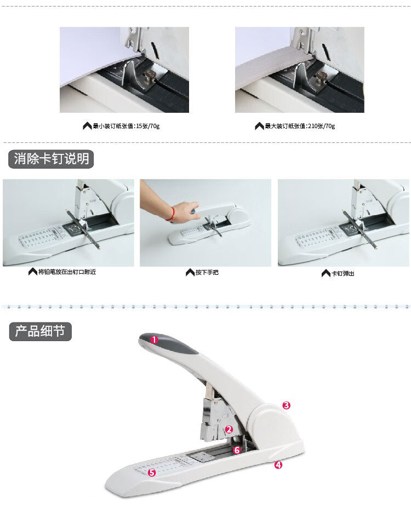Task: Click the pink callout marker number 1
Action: [155, 339]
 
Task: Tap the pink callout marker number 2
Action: [229, 429]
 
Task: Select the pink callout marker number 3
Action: [287, 405]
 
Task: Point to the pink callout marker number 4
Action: [278, 465]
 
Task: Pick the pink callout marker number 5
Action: [152, 473]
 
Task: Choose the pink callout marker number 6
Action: [237, 450]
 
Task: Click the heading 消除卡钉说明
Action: [51, 159]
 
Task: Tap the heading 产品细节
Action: [40, 331]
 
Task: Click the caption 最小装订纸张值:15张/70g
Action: [126, 126]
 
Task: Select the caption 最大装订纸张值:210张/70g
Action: [300, 126]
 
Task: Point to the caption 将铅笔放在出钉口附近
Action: [67, 272]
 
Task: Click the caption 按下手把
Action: [207, 273]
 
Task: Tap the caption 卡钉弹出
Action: [342, 274]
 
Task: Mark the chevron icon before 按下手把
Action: [190, 273]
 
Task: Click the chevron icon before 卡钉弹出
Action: [326, 274]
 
